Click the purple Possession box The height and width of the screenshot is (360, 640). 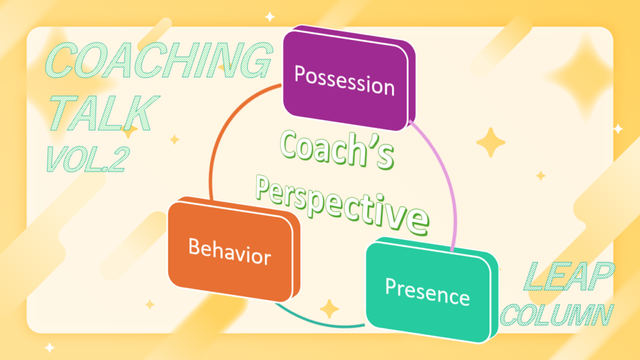coord(349,78)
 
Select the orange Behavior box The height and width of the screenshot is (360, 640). coord(234,249)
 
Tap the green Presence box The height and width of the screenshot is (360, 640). coord(431,290)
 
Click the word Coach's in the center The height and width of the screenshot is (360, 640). coord(337,150)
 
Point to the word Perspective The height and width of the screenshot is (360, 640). coord(342,205)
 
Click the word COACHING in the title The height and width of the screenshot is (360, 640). coord(158,60)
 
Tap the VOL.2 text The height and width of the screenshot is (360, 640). coord(87,159)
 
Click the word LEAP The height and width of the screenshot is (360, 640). coord(569,276)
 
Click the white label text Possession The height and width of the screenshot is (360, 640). coord(344,81)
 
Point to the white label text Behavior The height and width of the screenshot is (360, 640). coord(230,252)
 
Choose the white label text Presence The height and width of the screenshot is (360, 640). coord(427,292)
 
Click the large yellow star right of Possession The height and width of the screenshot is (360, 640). coord(491,142)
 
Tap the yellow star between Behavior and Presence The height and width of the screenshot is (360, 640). coord(329,309)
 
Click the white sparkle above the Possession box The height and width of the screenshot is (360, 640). coord(270,17)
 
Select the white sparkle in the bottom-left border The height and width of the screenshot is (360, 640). coord(50,347)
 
